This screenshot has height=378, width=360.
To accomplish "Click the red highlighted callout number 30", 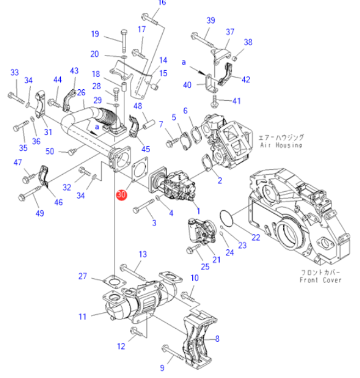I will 121,194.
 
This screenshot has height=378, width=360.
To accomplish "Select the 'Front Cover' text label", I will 321,280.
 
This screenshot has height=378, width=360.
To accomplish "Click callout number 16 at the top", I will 161,3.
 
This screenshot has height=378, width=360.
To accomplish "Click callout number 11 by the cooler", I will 82,316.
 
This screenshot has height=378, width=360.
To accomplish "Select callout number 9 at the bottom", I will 162,368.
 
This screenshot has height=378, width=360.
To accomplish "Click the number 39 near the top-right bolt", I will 211,21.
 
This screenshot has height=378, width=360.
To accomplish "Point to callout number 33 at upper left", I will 15,72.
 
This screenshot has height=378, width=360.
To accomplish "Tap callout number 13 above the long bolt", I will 142,254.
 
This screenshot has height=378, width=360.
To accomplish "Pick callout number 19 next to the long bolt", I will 95,34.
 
